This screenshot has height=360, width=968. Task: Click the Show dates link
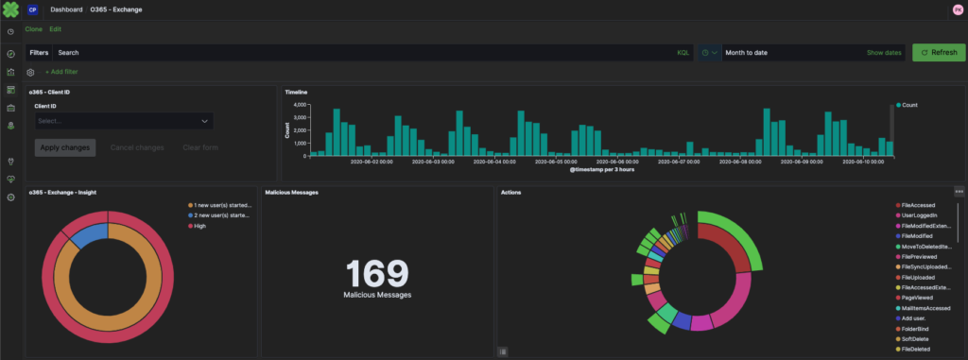tap(884, 53)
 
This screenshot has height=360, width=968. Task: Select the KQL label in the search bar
tap(683, 53)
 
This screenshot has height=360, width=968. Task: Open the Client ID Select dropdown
tap(123, 121)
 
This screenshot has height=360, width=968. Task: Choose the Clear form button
tap(200, 147)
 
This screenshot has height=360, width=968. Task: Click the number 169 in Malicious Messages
tap(377, 273)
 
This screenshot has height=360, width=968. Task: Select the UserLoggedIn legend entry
tap(924, 217)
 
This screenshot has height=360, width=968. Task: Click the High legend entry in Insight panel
tap(201, 227)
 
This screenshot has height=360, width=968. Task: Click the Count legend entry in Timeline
tap(909, 105)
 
